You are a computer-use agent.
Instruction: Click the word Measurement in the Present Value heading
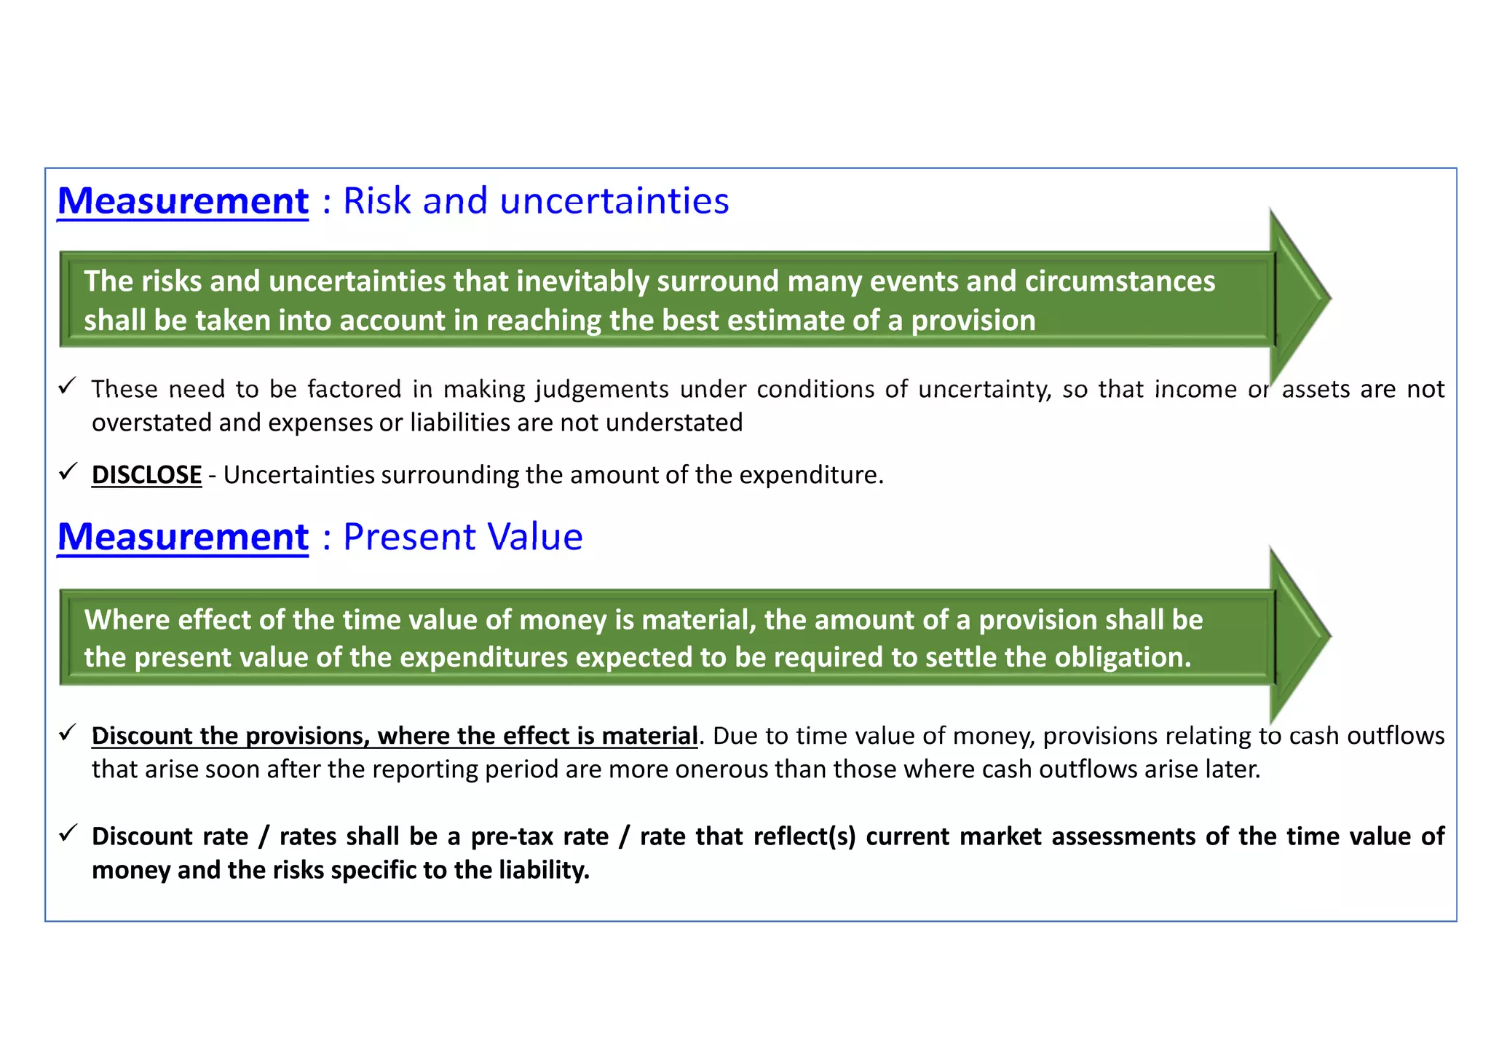click(x=183, y=537)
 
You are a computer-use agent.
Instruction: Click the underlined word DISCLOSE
click(x=146, y=475)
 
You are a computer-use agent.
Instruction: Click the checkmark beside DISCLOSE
click(x=68, y=472)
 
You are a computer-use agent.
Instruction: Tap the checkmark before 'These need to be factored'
click(x=68, y=385)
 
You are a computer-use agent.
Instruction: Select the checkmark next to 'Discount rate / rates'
click(x=68, y=833)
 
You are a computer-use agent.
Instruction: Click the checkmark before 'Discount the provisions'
click(x=68, y=732)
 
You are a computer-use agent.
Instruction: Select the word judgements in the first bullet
click(x=602, y=390)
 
